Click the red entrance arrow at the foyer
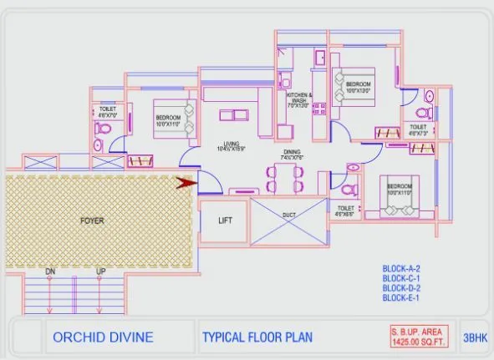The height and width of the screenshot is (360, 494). point(186,180)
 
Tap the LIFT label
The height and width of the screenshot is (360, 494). point(225,221)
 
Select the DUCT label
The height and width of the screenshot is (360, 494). point(289,215)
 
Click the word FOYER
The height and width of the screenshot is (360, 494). point(91,221)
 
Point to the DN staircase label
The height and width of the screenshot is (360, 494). point(50,272)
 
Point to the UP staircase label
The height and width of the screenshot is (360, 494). point(101,272)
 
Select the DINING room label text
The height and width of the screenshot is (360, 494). point(291,153)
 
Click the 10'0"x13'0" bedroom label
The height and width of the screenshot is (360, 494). point(359,89)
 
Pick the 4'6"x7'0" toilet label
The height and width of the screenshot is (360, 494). point(108,112)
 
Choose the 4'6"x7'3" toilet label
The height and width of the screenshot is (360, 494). point(418,129)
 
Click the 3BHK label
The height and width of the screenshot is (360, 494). point(473,337)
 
